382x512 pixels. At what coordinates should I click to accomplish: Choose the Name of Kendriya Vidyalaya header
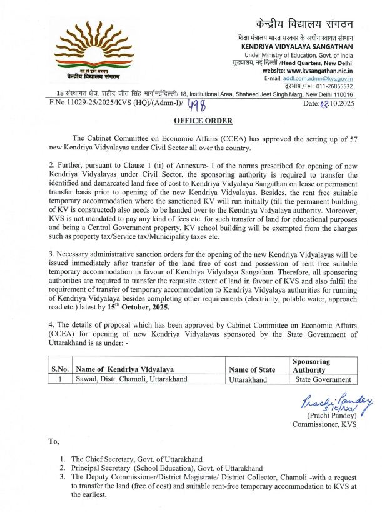[x=124, y=369]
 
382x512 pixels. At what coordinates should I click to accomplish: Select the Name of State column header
[x=252, y=369]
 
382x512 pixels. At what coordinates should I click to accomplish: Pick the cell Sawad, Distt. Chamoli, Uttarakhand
[x=131, y=379]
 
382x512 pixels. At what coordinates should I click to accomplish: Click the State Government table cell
[x=323, y=379]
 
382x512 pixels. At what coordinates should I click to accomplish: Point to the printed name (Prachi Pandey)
[x=331, y=416]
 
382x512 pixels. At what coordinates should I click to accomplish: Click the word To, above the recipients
[x=54, y=441]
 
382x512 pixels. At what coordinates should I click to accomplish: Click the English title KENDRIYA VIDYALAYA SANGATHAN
[x=297, y=46]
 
